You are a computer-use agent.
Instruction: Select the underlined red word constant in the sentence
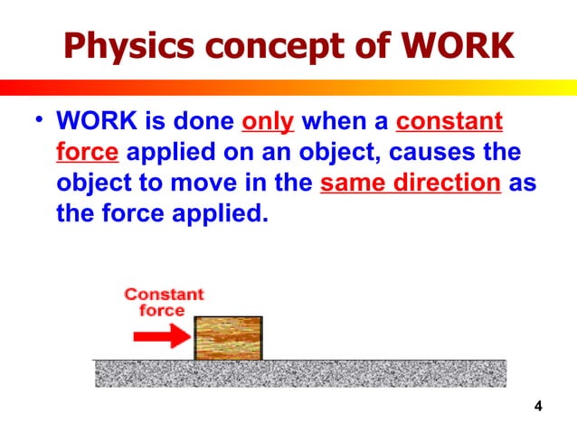450,121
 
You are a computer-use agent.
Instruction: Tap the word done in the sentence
200,121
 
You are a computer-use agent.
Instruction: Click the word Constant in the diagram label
164,295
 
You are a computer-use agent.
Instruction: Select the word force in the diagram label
162,310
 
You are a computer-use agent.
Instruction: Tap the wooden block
229,337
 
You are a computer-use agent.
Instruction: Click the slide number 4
538,406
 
